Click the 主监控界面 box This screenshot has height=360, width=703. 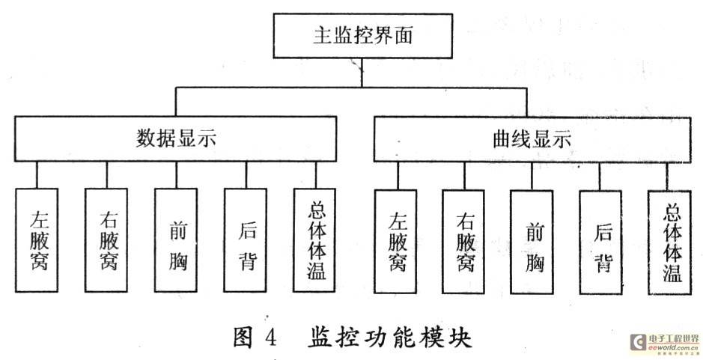[362, 36]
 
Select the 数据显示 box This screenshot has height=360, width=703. [175, 138]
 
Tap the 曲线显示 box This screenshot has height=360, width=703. [532, 139]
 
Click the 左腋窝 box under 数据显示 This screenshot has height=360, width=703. [37, 240]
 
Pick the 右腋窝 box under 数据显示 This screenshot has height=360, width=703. [106, 240]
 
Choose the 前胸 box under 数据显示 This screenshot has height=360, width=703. [176, 240]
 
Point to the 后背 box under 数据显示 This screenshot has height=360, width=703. [246, 240]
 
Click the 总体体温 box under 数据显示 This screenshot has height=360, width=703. [314, 240]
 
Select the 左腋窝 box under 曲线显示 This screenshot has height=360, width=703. [395, 242]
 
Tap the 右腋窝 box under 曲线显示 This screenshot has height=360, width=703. [463, 242]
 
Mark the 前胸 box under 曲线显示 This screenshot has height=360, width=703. [532, 242]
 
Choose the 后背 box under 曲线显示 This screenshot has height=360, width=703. [600, 242]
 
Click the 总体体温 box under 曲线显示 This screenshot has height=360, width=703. [669, 242]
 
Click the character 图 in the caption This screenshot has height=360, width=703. [243, 338]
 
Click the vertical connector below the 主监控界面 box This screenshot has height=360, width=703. [362, 73]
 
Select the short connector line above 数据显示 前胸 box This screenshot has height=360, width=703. [176, 175]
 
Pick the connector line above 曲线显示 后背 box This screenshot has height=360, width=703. [600, 176]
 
